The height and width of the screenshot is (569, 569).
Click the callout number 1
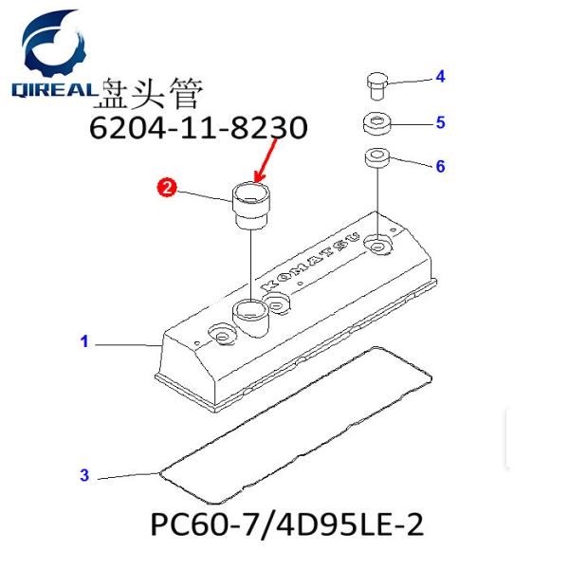[84, 342]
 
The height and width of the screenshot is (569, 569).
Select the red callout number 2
[166, 189]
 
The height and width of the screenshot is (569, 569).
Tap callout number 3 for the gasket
[84, 475]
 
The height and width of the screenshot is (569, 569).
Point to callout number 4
[440, 77]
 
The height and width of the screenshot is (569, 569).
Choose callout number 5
[440, 122]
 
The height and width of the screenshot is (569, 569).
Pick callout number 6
[440, 167]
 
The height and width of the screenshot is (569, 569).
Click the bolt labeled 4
[376, 86]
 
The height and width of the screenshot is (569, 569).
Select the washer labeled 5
[377, 123]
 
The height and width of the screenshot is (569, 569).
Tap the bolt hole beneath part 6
[378, 247]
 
